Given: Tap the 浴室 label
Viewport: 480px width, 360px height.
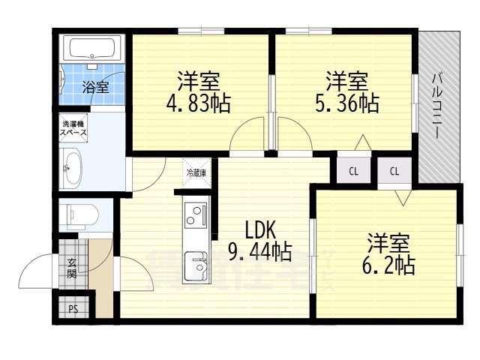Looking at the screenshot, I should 94,87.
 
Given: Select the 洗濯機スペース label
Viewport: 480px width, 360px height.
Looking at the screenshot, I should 74,128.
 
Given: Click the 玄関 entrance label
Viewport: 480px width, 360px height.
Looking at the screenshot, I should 72,268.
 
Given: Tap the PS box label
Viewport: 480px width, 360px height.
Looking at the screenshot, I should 73,308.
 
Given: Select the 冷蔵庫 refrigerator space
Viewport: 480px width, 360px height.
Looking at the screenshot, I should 196,172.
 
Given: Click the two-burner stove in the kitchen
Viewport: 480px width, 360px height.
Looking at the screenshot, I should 196,215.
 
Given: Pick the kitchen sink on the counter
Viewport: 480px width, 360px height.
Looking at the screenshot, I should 197,265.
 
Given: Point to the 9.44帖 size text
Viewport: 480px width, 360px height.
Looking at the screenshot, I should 260,252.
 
